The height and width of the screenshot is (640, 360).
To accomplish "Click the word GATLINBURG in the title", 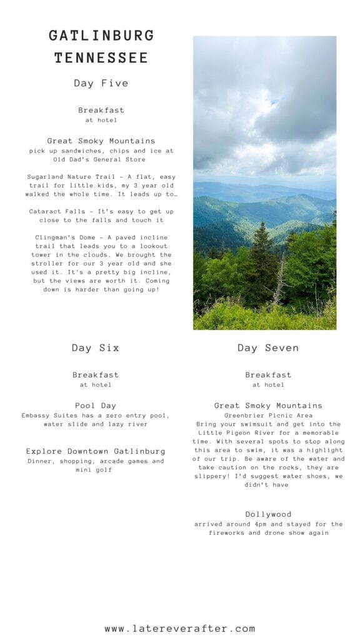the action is pyautogui.click(x=101, y=36).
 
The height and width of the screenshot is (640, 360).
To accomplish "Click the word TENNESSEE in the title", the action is pyautogui.click(x=101, y=58).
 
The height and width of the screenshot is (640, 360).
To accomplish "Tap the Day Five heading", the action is pyautogui.click(x=101, y=83).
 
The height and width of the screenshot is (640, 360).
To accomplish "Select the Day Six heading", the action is pyautogui.click(x=96, y=348).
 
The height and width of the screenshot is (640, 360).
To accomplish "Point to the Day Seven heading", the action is pyautogui.click(x=268, y=348).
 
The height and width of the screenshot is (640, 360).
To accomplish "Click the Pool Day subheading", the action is pyautogui.click(x=96, y=406).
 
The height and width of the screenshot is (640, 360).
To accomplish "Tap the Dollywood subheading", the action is pyautogui.click(x=268, y=514).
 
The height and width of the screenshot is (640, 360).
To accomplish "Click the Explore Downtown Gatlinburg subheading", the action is pyautogui.click(x=96, y=451).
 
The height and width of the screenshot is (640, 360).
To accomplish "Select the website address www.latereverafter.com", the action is pyautogui.click(x=180, y=629).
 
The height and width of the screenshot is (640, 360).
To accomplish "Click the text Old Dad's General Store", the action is pyautogui.click(x=101, y=159).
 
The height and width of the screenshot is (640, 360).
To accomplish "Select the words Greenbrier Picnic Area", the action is pyautogui.click(x=268, y=415).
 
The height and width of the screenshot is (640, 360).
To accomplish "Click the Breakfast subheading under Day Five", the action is pyautogui.click(x=101, y=111).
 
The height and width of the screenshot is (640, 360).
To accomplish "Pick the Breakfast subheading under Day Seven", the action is pyautogui.click(x=268, y=375).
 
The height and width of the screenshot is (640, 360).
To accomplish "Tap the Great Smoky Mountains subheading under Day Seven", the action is pyautogui.click(x=268, y=406).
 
